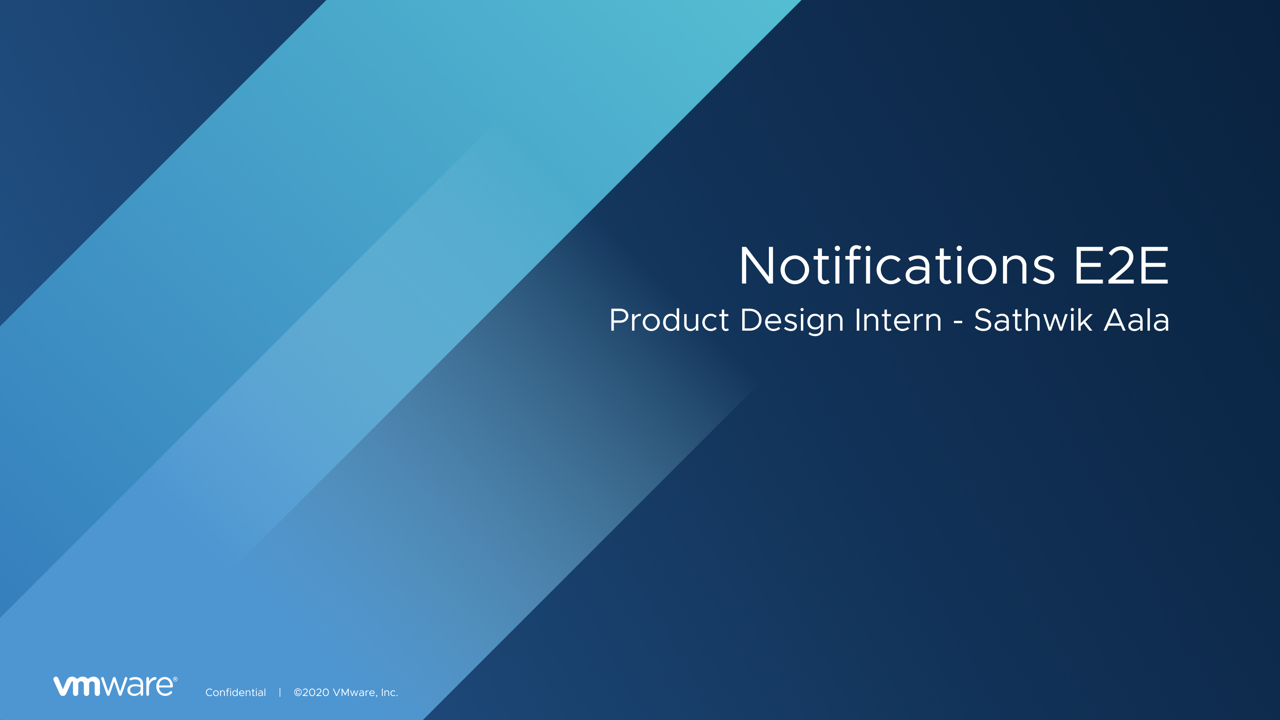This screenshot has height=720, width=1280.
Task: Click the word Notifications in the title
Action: tap(897, 266)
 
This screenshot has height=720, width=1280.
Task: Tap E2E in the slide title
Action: tap(1121, 266)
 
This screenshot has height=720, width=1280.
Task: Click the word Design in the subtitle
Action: tap(792, 320)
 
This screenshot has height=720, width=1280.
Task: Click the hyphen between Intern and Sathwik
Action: tap(958, 322)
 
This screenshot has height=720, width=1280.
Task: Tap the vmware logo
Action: tap(115, 686)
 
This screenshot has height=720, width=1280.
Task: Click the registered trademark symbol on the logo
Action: tap(175, 679)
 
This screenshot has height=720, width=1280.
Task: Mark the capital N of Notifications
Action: tap(756, 266)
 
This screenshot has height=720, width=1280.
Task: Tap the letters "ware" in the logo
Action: tap(138, 686)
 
